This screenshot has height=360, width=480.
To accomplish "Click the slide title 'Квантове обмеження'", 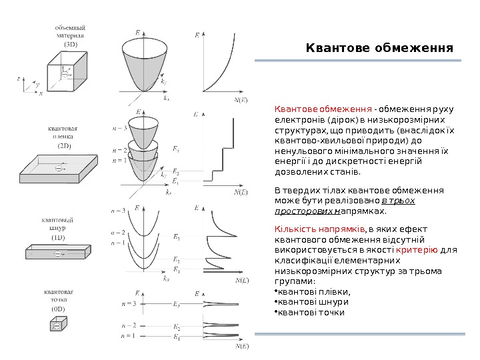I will pyautogui.click(x=379, y=48).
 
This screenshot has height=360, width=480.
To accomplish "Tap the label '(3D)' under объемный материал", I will pyautogui.click(x=70, y=44).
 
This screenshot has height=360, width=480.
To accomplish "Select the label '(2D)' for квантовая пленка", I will pyautogui.click(x=67, y=145).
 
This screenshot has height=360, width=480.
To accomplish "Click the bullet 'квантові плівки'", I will pyautogui.click(x=313, y=291).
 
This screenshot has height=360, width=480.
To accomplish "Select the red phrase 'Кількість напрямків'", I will pyautogui.click(x=309, y=229).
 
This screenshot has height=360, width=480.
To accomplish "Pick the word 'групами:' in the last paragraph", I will pyautogui.click(x=292, y=281).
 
